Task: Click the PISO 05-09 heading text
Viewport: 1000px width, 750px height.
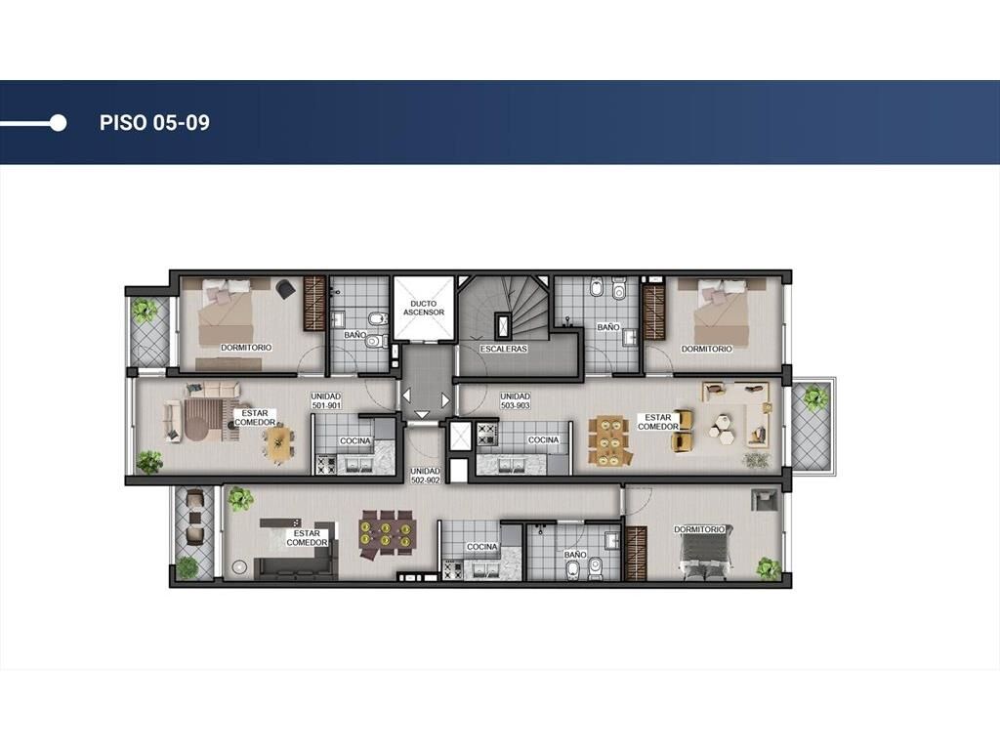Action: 154,122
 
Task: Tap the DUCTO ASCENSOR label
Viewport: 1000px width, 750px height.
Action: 424,308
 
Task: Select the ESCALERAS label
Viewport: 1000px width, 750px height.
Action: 503,349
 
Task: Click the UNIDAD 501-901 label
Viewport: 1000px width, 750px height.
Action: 326,400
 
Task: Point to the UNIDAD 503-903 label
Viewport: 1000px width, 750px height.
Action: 516,400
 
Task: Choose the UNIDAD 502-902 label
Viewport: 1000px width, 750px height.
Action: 426,476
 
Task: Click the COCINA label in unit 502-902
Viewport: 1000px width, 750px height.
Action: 482,547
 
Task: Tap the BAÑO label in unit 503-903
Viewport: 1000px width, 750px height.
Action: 608,327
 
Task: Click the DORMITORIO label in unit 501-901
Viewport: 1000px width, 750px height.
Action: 246,348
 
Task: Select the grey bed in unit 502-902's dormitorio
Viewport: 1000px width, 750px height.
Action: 706,554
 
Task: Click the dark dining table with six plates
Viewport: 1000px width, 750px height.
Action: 387,533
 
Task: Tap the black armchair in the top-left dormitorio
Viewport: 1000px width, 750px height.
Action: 285,289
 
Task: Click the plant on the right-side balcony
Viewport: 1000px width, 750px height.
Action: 815,399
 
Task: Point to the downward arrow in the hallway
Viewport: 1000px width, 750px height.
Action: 422,414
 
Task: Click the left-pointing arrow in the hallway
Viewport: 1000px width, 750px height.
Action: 406,396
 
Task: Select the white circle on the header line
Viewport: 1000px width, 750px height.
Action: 58,122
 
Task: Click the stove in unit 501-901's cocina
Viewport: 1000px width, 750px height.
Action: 326,464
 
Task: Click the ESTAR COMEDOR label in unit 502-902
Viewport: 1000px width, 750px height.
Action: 307,538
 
